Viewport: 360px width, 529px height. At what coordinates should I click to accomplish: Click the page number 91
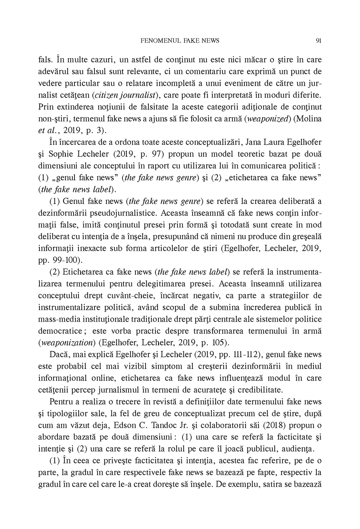[319, 41]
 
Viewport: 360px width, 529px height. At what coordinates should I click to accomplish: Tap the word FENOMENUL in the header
[157, 41]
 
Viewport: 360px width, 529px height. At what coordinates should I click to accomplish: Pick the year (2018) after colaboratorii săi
[274, 425]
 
